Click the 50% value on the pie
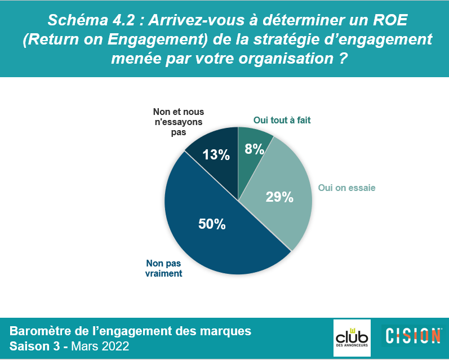pyautogui.click(x=212, y=224)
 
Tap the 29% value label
pyautogui.click(x=279, y=197)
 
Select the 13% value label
pyautogui.click(x=216, y=155)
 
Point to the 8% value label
pyautogui.click(x=254, y=149)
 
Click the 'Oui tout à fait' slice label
pyautogui.click(x=282, y=120)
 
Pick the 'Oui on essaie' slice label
pyautogui.click(x=347, y=188)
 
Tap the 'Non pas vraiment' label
pyautogui.click(x=164, y=268)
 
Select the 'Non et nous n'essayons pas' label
pyautogui.click(x=179, y=122)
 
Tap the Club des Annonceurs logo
pyautogui.click(x=352, y=338)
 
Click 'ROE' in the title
pyautogui.click(x=390, y=20)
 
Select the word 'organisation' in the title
pyautogui.click(x=286, y=59)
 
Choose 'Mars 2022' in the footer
pyautogui.click(x=100, y=346)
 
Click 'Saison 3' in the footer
pyautogui.click(x=35, y=346)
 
